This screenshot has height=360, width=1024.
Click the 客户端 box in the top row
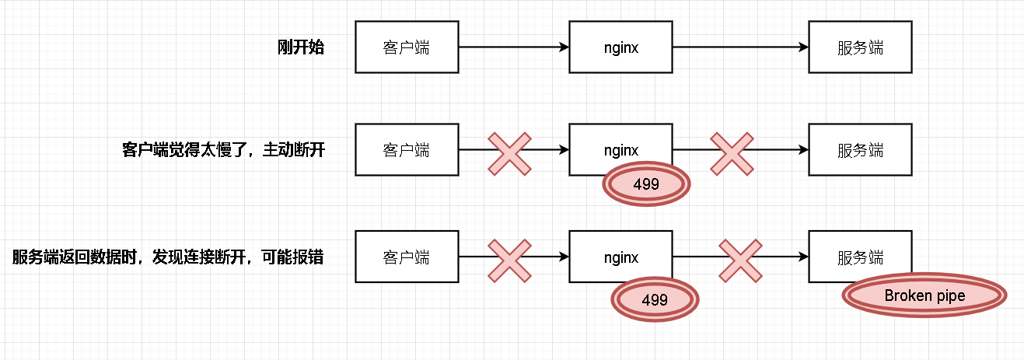tap(407, 47)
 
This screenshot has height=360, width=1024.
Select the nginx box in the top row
tap(620, 47)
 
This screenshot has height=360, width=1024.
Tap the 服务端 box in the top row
tap(860, 47)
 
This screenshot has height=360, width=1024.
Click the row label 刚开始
tap(300, 47)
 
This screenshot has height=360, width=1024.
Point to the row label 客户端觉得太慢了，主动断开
tap(223, 150)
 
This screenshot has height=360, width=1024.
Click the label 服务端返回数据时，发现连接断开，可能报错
tap(168, 257)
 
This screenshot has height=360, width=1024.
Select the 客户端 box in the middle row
tap(407, 149)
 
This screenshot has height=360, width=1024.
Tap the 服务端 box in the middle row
tap(860, 149)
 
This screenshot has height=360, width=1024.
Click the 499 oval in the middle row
tap(646, 184)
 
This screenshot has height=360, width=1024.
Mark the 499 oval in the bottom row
tap(655, 299)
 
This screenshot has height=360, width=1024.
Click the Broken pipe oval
tap(924, 296)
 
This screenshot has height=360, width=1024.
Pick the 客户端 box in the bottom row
tap(407, 257)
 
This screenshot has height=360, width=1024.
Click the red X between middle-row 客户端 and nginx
tap(510, 152)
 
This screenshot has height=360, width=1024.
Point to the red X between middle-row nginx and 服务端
tap(732, 152)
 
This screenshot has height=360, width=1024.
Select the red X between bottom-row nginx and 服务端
tap(740, 260)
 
